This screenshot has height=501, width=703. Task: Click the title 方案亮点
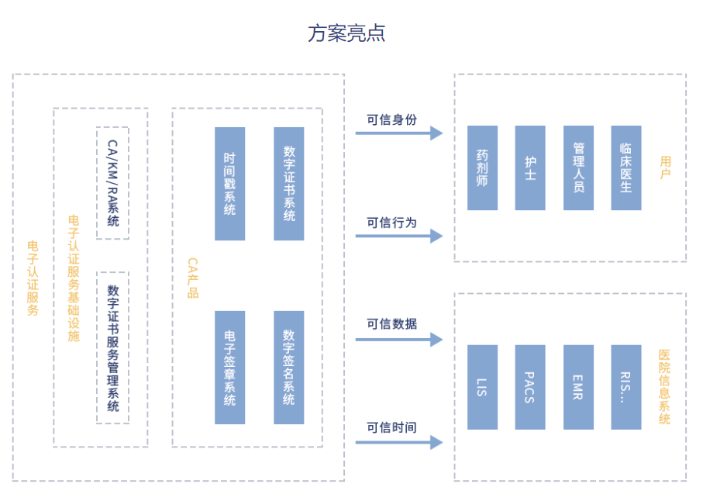tap(346, 33)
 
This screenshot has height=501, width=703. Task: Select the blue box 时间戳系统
tap(229, 184)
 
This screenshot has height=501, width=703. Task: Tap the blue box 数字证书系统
tap(289, 184)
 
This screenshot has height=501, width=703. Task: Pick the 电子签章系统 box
tap(229, 368)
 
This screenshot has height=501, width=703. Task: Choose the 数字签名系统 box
tap(289, 368)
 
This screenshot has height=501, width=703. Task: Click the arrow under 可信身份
tap(399, 133)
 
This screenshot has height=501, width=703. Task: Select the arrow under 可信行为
tap(399, 236)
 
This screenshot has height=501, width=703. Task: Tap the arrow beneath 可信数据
tap(399, 340)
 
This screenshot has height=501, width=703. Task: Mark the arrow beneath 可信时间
tap(399, 443)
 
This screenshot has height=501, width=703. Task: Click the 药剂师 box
tap(482, 168)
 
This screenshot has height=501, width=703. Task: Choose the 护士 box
tap(530, 168)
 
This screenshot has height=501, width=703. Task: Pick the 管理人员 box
tap(578, 168)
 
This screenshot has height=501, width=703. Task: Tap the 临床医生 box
tap(626, 168)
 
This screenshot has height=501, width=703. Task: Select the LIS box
tap(482, 387)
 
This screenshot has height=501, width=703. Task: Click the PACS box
tap(530, 387)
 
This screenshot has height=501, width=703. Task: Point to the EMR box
tap(578, 387)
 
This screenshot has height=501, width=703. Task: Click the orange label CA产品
tap(193, 278)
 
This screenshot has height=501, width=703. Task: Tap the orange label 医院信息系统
tap(664, 387)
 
